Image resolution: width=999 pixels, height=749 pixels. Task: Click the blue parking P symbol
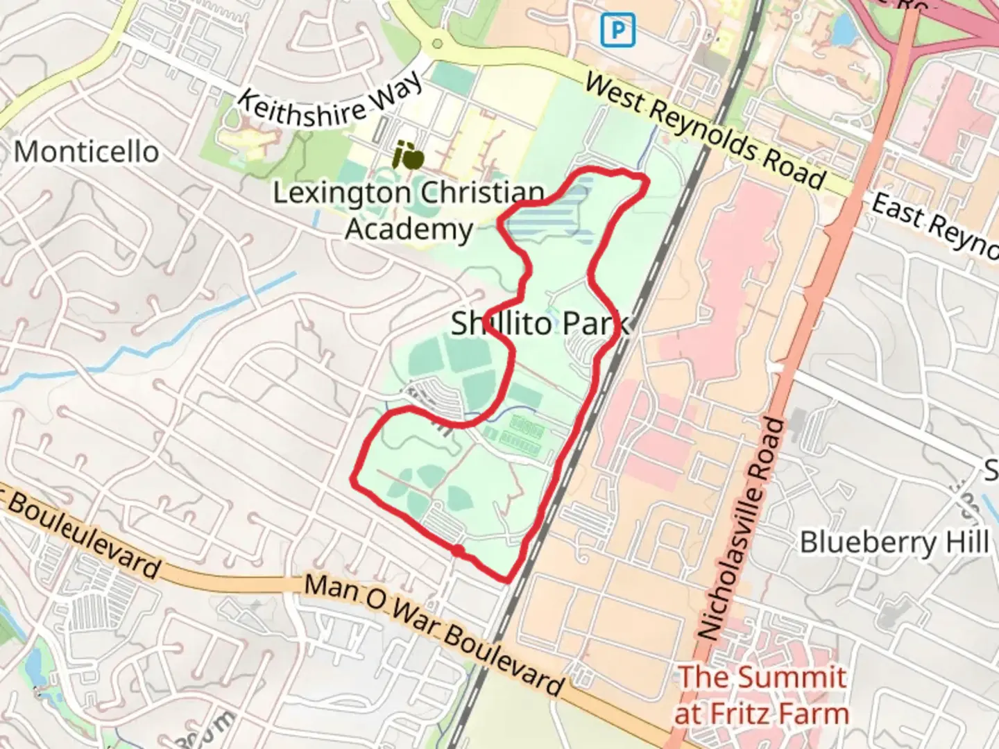(617, 31)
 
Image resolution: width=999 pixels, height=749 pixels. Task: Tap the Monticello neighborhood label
(86, 151)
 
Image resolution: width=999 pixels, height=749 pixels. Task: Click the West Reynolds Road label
(704, 131)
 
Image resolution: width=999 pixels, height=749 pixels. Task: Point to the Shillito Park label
(540, 324)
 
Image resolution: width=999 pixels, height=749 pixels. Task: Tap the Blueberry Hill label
(895, 542)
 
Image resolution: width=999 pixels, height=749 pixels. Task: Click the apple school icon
(408, 156)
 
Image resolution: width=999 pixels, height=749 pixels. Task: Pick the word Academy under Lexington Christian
(409, 229)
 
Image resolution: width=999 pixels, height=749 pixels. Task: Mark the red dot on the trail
(458, 551)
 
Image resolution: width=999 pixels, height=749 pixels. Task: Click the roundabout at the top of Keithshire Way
(436, 44)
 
